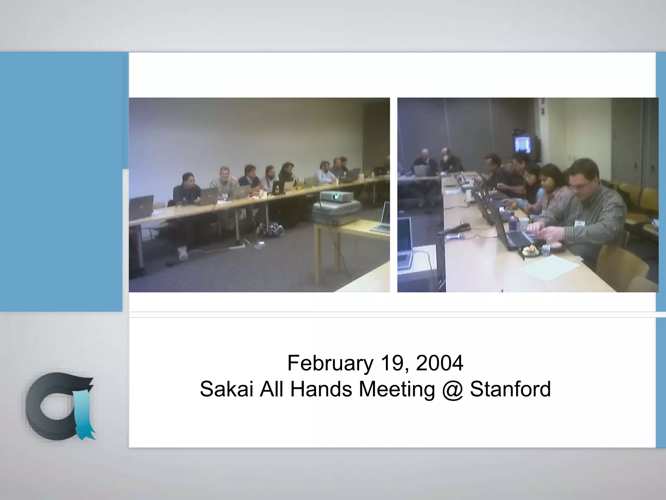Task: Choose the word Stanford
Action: click(510, 389)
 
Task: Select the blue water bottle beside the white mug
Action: click(513, 221)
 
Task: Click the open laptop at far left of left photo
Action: click(141, 207)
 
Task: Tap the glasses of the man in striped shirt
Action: click(582, 186)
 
